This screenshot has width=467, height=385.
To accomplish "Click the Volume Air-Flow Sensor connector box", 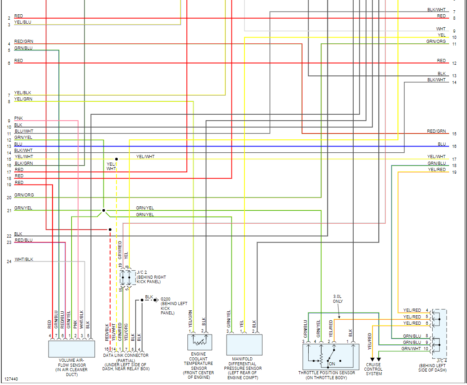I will [71, 348].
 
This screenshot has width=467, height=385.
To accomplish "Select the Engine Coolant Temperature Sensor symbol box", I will [199, 342].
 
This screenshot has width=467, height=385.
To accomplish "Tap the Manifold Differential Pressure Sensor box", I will [244, 344].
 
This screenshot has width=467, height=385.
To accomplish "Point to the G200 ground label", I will [165, 299].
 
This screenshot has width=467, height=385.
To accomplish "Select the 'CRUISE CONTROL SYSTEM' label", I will [374, 369].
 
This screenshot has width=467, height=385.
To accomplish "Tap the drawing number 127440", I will [12, 379].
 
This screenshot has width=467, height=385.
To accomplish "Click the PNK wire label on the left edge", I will [18, 118].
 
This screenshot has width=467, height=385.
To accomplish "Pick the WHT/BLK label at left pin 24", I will [24, 259].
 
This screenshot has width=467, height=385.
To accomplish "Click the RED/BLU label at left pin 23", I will [23, 240].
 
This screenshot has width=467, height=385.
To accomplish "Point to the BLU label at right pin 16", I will [442, 144].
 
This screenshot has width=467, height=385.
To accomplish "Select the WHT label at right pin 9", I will [441, 29].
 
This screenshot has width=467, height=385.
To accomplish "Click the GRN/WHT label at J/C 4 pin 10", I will [411, 348].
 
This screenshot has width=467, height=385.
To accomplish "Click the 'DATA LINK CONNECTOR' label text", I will [126, 356].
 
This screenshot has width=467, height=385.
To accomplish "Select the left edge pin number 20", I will [9, 197].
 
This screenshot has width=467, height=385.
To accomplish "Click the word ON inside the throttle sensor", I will [332, 363].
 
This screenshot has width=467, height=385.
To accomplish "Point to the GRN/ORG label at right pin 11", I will [436, 42].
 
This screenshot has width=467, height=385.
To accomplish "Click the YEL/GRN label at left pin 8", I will [23, 99].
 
